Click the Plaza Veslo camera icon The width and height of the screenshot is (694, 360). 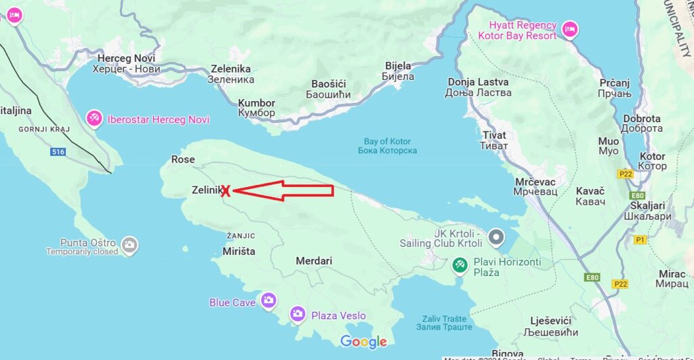pyautogui.click(x=297, y=314)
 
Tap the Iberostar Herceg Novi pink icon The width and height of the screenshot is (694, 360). pyautogui.click(x=94, y=119)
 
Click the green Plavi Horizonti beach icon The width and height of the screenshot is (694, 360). pyautogui.click(x=460, y=264)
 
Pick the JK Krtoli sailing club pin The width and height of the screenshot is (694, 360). pyautogui.click(x=497, y=237)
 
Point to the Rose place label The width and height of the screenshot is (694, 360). pyautogui.click(x=183, y=159)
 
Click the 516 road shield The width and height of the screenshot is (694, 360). pyautogui.click(x=58, y=152)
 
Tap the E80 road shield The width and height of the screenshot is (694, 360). pyautogui.click(x=593, y=277)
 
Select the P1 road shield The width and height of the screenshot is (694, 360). pyautogui.click(x=640, y=239)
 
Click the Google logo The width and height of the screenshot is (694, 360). pyautogui.click(x=363, y=342)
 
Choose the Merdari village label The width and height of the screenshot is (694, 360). pyautogui.click(x=314, y=260)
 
